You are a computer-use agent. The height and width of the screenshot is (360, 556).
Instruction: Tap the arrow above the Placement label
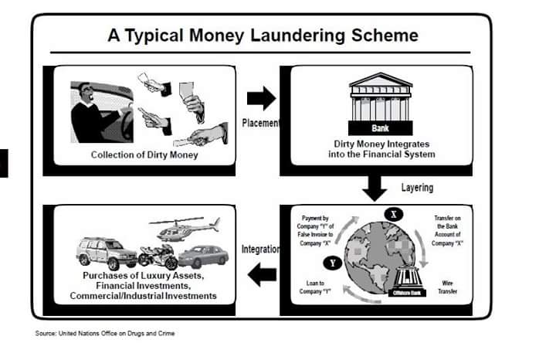coord(261,97)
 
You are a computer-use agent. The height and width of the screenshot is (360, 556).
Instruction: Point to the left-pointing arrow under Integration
coord(261,272)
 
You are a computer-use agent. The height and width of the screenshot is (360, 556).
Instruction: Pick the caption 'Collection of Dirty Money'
coord(140,155)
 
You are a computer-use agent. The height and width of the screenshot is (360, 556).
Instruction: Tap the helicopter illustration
coord(184,228)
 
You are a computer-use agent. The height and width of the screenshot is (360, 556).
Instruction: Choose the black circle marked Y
coord(333,263)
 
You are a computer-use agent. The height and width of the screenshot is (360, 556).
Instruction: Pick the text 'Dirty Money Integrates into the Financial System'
coord(376,149)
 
